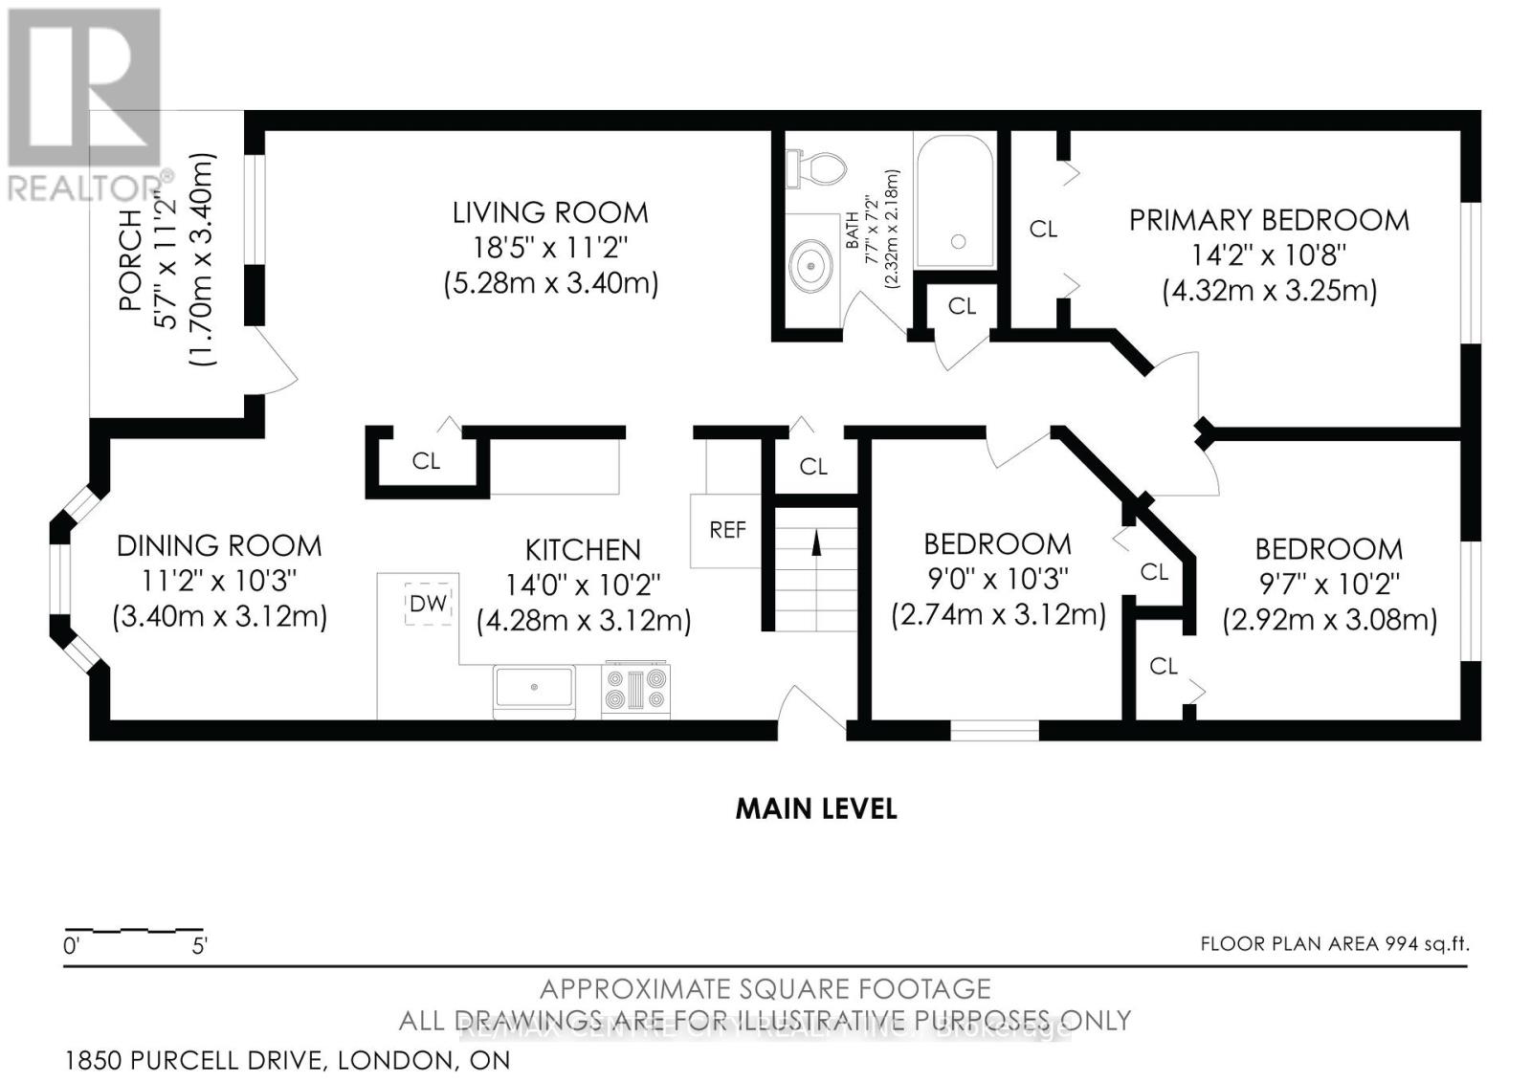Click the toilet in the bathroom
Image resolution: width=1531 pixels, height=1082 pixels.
point(818,168)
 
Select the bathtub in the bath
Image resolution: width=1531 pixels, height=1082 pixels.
point(954,201)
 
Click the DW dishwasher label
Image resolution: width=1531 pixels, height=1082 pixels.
point(428,604)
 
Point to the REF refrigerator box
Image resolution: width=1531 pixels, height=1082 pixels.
point(726,530)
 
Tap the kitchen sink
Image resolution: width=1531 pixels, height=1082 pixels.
point(534,689)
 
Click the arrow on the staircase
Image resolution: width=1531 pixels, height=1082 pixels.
point(816,543)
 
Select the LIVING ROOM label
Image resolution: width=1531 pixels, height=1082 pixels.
point(550,212)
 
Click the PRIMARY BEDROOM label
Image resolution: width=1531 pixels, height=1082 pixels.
point(1269,220)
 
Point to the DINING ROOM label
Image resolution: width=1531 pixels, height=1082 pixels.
point(219,546)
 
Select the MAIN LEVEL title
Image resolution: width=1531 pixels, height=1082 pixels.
point(816,808)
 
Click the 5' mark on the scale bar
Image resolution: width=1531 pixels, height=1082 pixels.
point(200,946)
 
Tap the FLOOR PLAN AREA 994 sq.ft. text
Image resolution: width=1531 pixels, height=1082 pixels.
point(1334,944)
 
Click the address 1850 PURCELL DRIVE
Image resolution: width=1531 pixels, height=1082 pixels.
point(287,1060)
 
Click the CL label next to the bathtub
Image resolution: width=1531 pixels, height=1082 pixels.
point(962,306)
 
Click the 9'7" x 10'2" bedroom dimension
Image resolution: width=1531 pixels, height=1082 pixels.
point(1329,584)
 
